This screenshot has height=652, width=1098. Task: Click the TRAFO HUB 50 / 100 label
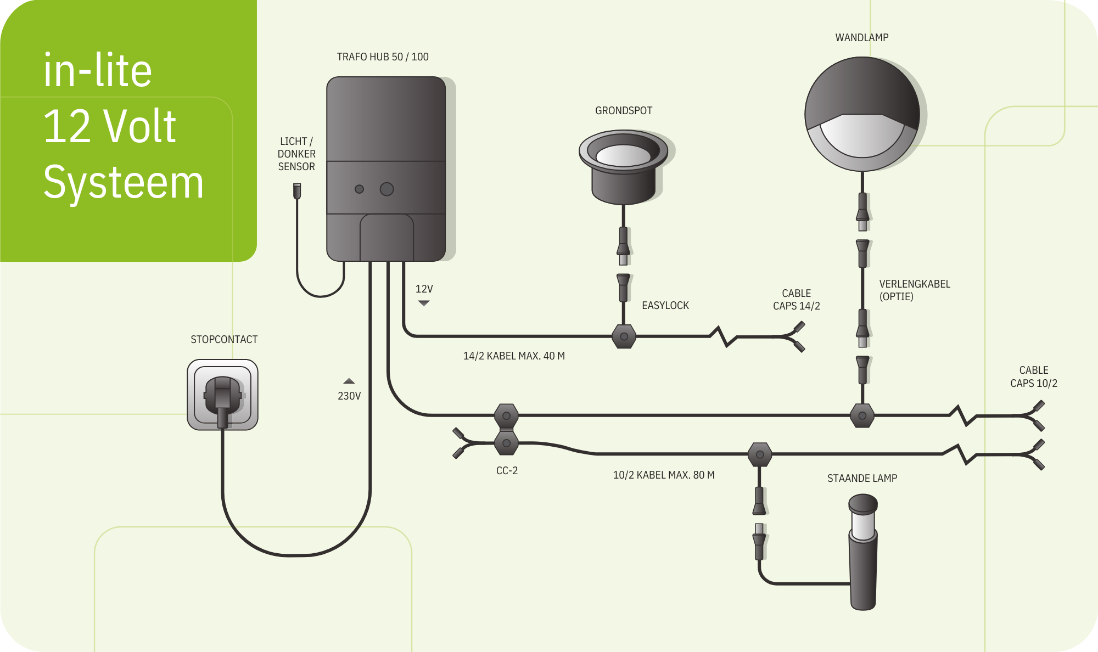[383, 57]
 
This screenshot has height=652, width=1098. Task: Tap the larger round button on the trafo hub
[386, 189]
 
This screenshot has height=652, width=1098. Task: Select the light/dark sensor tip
[297, 190]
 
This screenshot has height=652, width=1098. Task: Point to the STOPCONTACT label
[224, 339]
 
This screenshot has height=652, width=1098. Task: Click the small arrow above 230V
[349, 381]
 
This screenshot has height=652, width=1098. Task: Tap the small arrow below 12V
[423, 303]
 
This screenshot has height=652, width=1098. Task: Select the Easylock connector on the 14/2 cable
[624, 336]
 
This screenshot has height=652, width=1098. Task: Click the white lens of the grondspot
[623, 155]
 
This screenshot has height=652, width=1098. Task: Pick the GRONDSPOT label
[624, 110]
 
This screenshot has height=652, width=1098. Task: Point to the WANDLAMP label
[862, 37]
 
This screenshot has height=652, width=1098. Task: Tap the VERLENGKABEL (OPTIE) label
[915, 290]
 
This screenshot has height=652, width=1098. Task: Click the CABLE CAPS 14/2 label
[797, 300]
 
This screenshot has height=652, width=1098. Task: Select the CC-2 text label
[507, 470]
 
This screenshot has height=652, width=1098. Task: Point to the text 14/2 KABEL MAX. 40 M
[514, 356]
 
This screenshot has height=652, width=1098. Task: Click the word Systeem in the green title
[124, 182]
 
